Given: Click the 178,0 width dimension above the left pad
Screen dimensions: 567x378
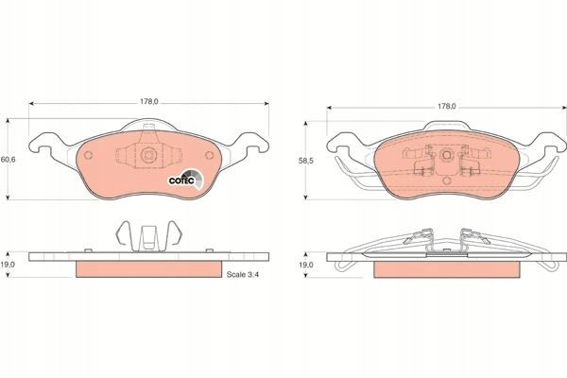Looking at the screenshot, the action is point(149,102).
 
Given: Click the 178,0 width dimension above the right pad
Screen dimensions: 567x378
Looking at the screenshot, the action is point(447,107).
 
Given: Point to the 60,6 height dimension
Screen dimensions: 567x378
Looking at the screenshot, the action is point(8,159).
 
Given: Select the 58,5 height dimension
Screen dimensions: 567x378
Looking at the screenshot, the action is point(306,161).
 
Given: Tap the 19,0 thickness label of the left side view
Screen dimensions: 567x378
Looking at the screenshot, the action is point(8,265).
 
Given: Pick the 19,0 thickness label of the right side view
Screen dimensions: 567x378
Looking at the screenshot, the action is point(305,265).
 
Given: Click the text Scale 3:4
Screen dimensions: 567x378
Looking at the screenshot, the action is point(243,275).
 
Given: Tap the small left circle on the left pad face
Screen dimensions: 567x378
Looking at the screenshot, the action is point(88,156).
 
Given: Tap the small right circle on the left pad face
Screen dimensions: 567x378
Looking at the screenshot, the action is point(210,155).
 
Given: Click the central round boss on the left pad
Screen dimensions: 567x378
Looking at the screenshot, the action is point(148,155).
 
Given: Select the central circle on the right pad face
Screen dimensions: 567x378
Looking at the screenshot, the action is point(447,155).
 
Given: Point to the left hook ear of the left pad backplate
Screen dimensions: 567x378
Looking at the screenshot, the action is point(43,143).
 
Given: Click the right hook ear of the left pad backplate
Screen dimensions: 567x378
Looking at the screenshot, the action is point(254,143).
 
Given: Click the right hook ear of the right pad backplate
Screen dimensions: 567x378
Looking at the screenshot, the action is point(552,143).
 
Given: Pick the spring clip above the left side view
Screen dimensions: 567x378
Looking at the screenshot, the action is point(148,236).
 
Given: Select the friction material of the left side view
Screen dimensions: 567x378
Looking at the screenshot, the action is point(148,269).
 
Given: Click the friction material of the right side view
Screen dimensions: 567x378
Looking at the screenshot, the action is point(447,269).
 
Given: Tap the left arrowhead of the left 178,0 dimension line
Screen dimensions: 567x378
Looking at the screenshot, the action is point(31,103).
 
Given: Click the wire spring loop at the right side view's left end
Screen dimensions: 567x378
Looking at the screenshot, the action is point(343,266).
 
